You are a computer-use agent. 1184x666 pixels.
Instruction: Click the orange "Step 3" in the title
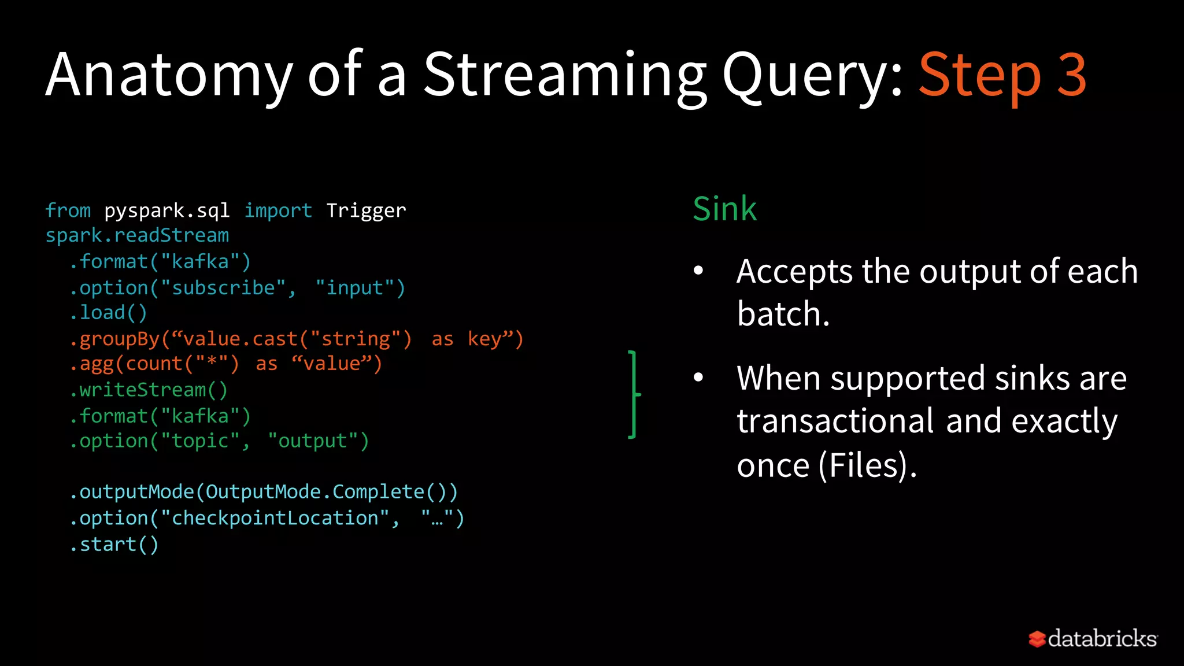coord(1002,75)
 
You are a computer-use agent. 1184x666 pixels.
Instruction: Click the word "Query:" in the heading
coord(812,75)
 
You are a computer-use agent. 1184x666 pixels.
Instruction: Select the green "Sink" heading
coord(724,209)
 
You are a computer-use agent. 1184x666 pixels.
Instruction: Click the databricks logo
coord(1093,639)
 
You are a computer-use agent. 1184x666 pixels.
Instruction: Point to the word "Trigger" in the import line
coord(366,210)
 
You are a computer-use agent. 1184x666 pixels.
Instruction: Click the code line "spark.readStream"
coord(137,236)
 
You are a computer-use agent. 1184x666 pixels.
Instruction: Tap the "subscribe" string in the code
coord(223,288)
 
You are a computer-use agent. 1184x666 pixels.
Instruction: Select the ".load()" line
coord(108,313)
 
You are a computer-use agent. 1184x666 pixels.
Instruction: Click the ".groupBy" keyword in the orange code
coord(114,339)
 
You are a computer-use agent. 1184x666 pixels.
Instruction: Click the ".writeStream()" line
coord(149,390)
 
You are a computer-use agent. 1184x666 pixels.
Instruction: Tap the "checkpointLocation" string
coord(275,518)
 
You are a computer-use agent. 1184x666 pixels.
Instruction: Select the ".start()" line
coord(114,545)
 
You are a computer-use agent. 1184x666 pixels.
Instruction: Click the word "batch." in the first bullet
coord(783,314)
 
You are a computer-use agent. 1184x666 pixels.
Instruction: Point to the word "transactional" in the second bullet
coord(835,421)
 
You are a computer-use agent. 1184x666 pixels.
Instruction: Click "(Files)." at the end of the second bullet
coord(867,465)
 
